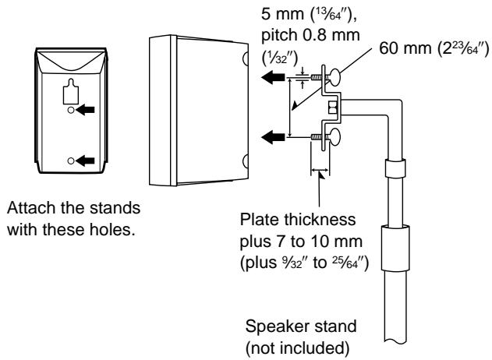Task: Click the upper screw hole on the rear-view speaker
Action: [71, 111]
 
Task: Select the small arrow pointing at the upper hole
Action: [85, 111]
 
